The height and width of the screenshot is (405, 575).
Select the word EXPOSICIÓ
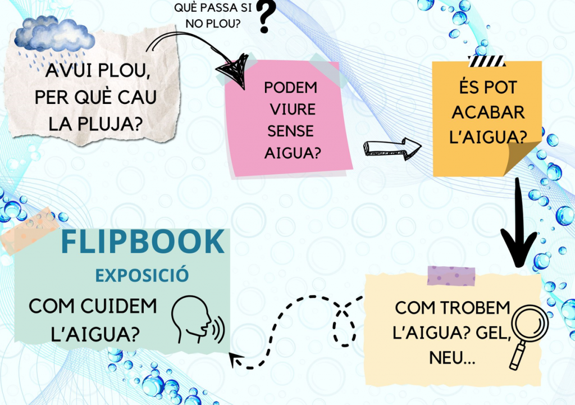pyautogui.click(x=142, y=275)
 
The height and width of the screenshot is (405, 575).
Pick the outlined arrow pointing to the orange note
pyautogui.click(x=391, y=148)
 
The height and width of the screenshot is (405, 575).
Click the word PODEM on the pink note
pyautogui.click(x=290, y=88)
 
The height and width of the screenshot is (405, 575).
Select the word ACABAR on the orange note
pyautogui.click(x=488, y=112)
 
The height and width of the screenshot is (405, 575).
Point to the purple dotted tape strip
pyautogui.click(x=451, y=276)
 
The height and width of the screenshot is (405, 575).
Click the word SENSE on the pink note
pyautogui.click(x=290, y=131)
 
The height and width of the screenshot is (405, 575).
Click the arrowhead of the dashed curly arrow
pyautogui.click(x=237, y=360)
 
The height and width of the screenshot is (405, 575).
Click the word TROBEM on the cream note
pyautogui.click(x=475, y=308)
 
